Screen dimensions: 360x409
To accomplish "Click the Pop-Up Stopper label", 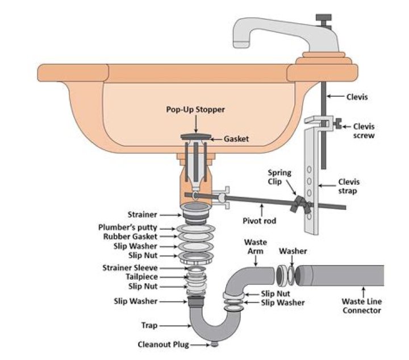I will pyautogui.click(x=195, y=109).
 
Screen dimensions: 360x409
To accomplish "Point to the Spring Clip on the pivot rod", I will pyautogui.click(x=299, y=202).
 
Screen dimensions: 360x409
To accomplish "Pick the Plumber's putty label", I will pyautogui.click(x=135, y=227).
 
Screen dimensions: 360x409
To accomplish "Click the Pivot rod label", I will pyautogui.click(x=259, y=220).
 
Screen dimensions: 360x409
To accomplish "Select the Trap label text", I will pyautogui.click(x=150, y=326).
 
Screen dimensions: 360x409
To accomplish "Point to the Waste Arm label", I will pyautogui.click(x=255, y=246).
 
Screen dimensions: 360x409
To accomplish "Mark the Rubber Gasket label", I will pyautogui.click(x=135, y=237).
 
